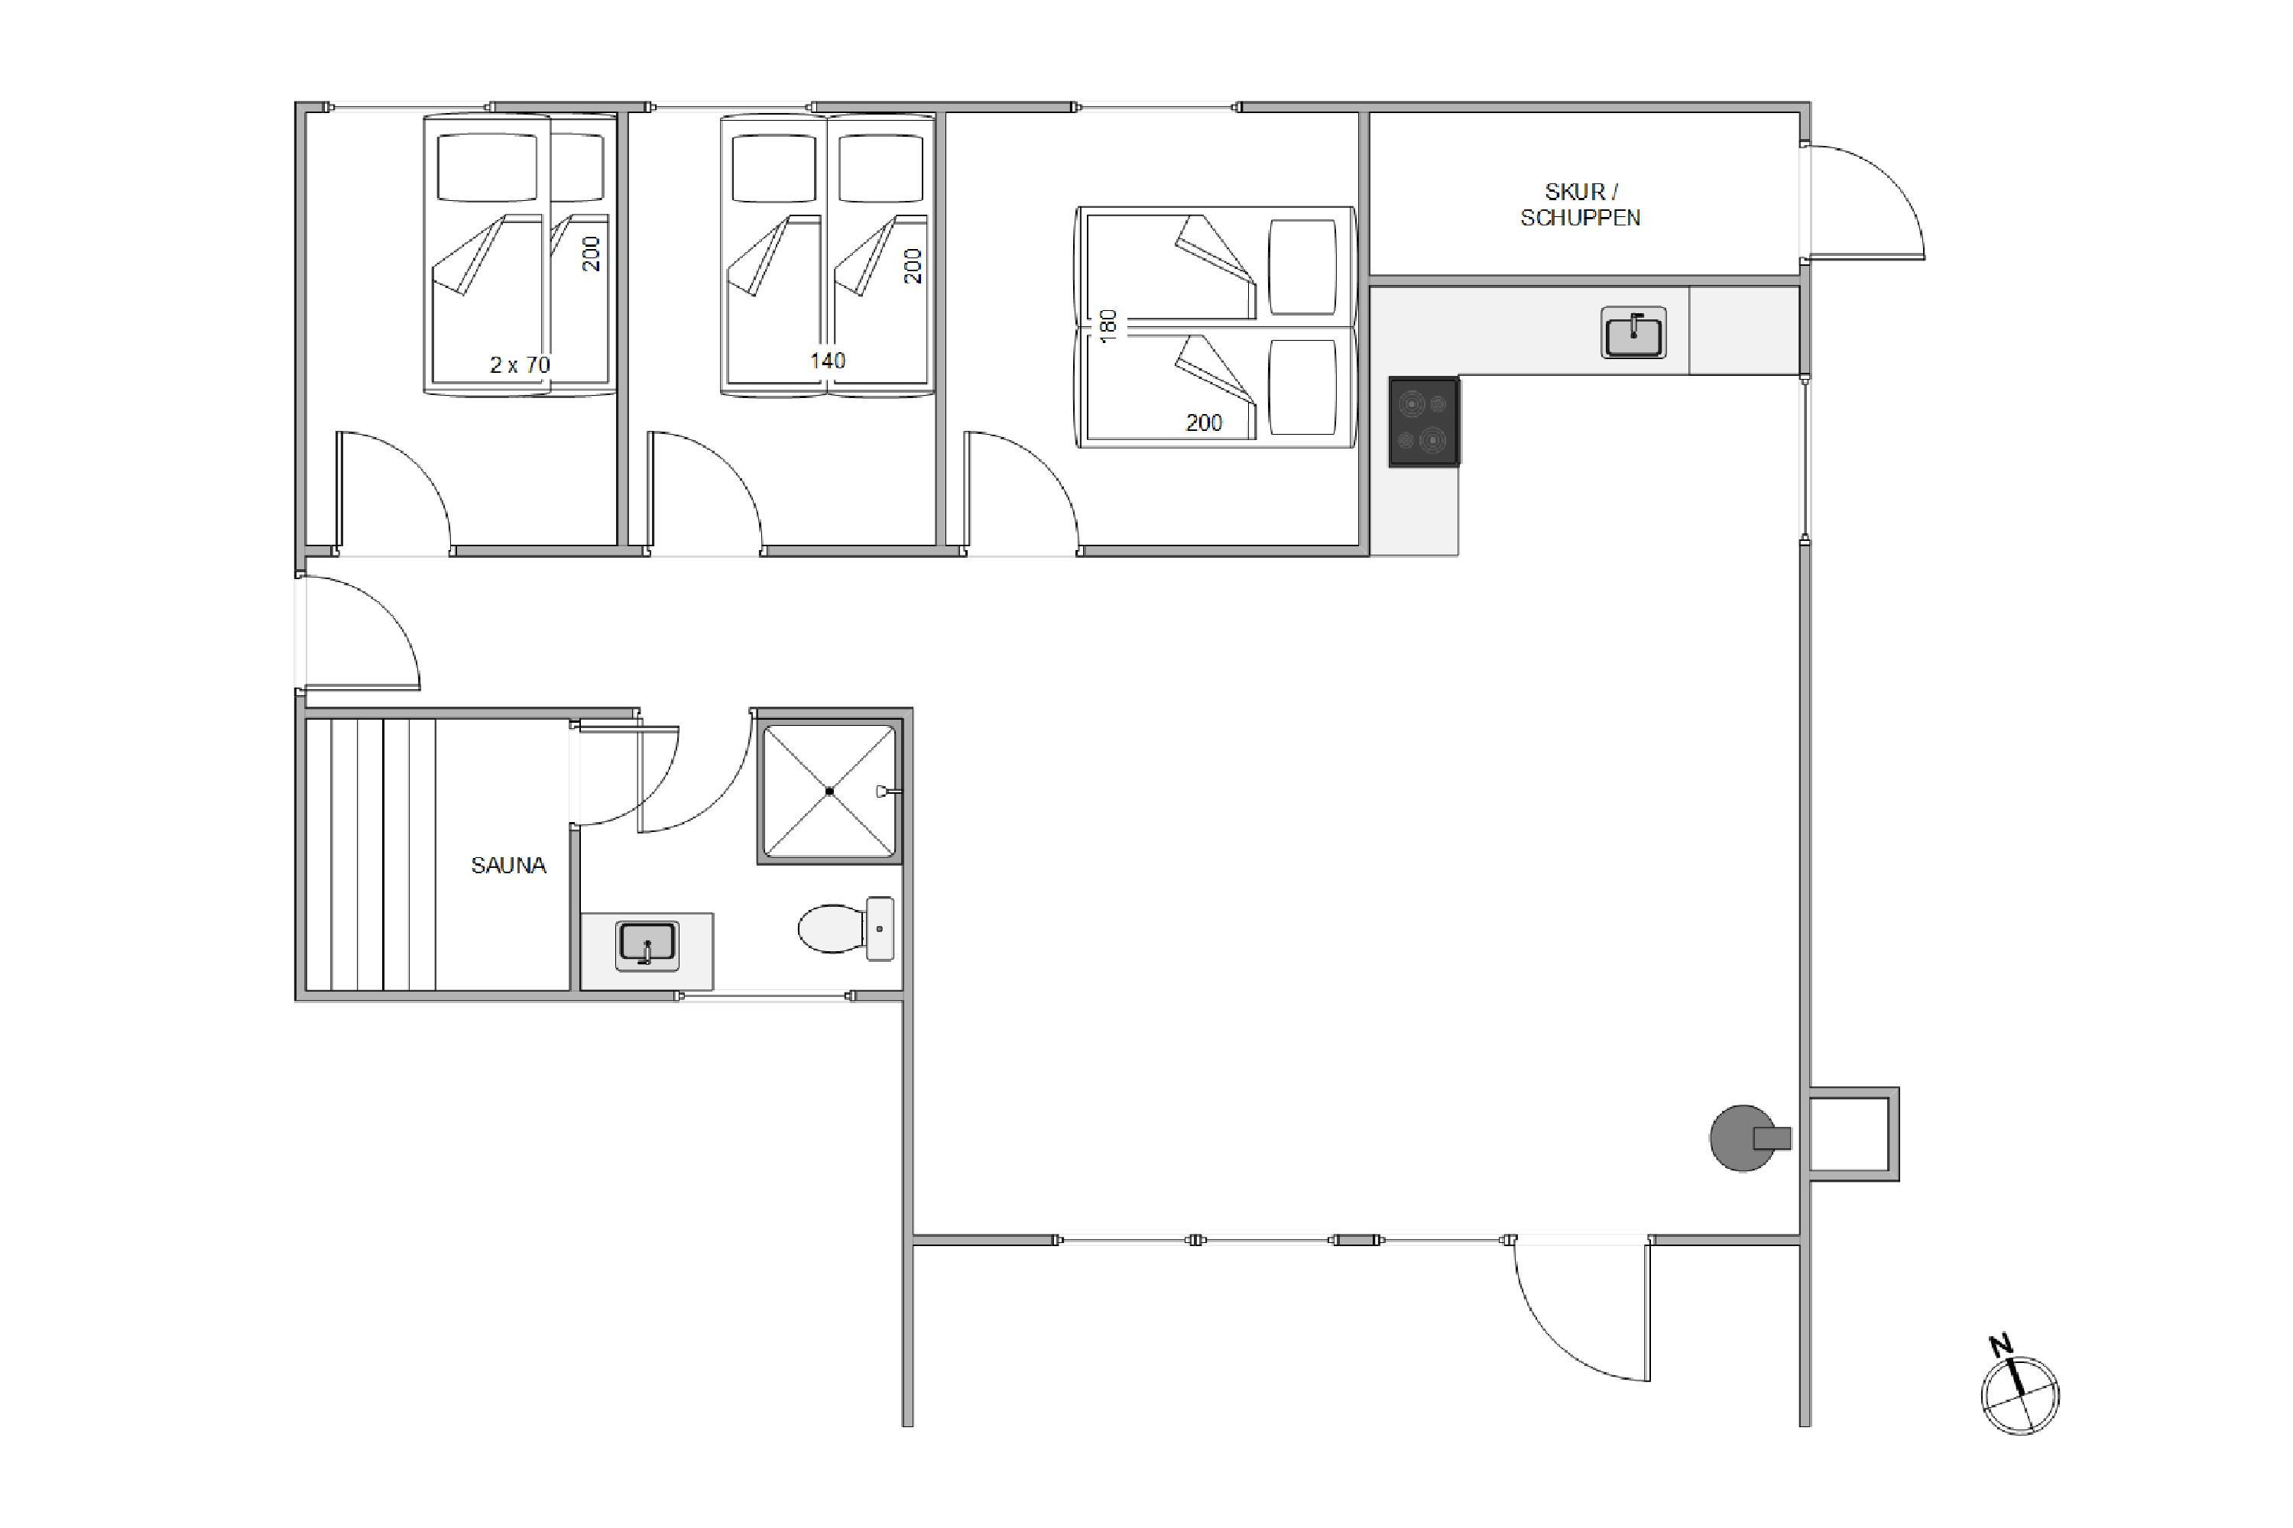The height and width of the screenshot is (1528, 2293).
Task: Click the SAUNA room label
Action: coord(508,866)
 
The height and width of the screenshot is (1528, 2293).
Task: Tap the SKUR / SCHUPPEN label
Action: coord(1581,205)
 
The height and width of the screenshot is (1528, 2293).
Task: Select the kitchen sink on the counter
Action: coord(1633,333)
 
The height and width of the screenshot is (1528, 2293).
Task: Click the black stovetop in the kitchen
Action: coord(1423,422)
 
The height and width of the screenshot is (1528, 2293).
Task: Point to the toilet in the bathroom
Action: coord(845,929)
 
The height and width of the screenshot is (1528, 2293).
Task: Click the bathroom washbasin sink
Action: coord(647,945)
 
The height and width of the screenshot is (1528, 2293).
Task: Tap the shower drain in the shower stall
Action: coord(829,792)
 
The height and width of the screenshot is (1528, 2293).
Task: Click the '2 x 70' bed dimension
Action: coord(520,364)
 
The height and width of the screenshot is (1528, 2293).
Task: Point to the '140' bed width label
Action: coord(827,361)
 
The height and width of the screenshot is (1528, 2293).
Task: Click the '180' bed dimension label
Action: coord(1108,325)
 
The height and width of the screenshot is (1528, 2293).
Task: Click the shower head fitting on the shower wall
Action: coord(887,792)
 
